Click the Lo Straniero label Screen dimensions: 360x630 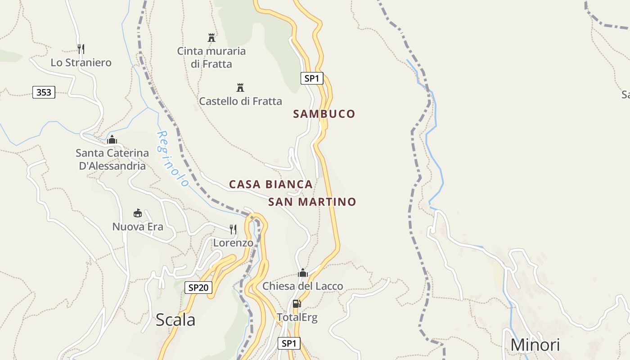point(81,63)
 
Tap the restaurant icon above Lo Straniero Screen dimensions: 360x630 point(81,49)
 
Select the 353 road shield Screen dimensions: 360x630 point(44,93)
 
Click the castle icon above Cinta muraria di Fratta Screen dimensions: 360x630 point(211,37)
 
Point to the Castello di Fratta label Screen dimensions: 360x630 point(240,101)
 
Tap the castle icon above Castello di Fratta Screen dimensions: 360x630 point(240,87)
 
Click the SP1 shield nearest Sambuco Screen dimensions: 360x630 point(311,78)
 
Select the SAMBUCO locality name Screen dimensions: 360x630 point(324,114)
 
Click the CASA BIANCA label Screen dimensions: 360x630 point(270,184)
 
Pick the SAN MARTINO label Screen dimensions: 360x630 point(312,202)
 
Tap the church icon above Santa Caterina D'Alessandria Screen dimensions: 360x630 point(112,140)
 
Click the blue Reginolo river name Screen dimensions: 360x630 point(172,158)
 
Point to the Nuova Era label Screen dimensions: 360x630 point(138,227)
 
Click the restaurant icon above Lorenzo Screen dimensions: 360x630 point(233,229)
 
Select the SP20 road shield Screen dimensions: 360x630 point(198,288)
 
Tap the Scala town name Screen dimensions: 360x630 point(175,320)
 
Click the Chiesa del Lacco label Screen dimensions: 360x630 point(302,286)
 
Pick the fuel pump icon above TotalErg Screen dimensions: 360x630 point(297,304)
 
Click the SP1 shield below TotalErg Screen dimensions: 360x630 point(288,343)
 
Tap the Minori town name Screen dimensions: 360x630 point(535,345)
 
